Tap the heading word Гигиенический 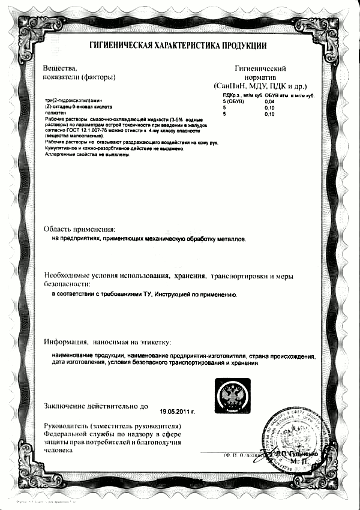pos(260,69)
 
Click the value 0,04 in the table pos(269,101)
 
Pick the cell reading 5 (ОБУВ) pos(233,101)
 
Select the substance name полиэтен pos(56,113)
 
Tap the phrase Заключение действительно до pos(96,406)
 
